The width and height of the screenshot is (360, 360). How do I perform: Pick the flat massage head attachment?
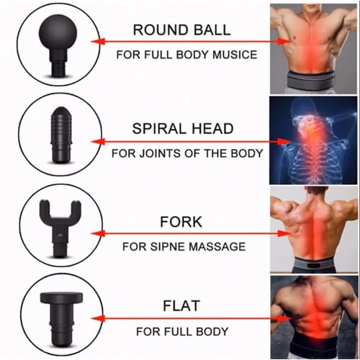[61, 319]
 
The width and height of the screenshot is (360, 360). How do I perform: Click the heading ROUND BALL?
[181, 30]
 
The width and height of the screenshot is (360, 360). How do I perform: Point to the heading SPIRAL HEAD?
[183, 128]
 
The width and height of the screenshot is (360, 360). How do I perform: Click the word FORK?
[181, 222]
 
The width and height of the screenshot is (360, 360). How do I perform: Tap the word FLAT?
[181, 305]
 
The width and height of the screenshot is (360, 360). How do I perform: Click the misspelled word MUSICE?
[235, 55]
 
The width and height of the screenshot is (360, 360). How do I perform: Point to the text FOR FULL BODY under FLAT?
[182, 332]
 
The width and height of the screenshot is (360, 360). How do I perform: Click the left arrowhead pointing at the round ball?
[98, 42]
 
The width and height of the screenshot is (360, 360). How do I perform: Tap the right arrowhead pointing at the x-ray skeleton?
[284, 141]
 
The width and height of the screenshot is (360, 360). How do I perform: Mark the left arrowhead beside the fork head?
[98, 233]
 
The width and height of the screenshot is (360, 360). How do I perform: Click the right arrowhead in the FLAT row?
[284, 318]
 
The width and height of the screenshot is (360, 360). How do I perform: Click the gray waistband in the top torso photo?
[311, 81]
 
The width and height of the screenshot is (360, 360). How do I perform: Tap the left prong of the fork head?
[45, 209]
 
